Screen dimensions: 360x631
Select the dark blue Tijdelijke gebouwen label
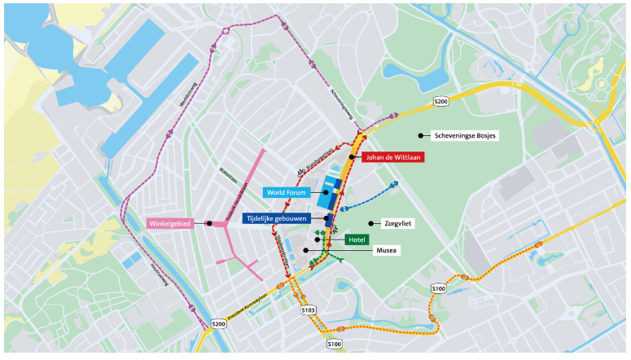coord(285,218)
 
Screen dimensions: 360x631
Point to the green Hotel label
coord(356,239)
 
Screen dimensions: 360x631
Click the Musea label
coord(385,251)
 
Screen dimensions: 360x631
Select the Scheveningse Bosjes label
coord(466,135)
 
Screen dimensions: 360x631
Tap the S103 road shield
coord(308,310)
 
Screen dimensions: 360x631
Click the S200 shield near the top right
coord(440,101)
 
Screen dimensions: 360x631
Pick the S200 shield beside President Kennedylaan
coord(218,323)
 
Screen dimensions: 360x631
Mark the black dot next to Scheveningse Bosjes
coord(421,135)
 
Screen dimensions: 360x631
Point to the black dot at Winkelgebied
coord(209,223)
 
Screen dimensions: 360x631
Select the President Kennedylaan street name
coord(252,305)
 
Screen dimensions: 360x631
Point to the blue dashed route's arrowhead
coord(395,184)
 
